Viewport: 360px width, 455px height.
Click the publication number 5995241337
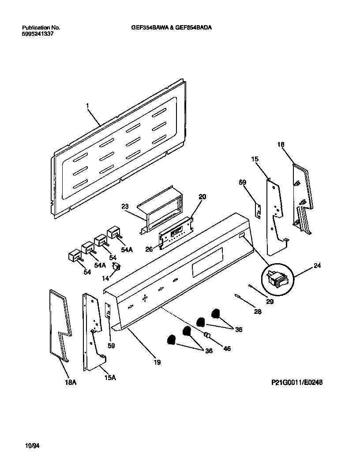point(37,34)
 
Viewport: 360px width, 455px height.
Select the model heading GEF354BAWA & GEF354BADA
point(172,27)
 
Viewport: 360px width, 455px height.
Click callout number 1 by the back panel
point(87,106)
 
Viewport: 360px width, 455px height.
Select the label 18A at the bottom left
point(71,383)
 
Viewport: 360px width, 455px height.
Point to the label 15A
point(110,377)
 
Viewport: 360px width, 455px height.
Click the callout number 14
point(105,279)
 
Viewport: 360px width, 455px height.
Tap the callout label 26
point(149,249)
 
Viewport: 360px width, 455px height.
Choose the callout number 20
point(202,197)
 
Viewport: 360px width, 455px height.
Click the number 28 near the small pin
point(258,312)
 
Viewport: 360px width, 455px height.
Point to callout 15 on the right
point(255,159)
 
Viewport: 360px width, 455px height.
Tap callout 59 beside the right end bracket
point(243,182)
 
